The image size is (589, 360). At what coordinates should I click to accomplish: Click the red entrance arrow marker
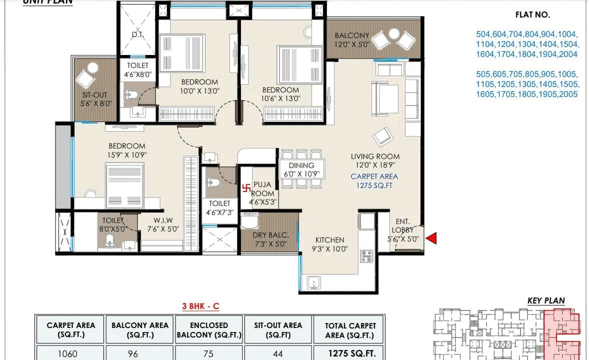coord(431,239)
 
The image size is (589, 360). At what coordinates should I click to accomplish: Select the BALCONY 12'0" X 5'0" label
coord(351,40)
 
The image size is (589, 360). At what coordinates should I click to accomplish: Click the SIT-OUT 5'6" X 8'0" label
coord(94,98)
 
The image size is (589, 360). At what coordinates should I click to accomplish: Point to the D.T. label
coord(137,35)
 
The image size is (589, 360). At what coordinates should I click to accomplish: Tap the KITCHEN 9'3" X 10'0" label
coord(329,244)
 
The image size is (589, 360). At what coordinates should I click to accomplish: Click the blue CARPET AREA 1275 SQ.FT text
coord(374,180)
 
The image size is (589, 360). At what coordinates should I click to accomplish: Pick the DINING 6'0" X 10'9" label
coord(301,169)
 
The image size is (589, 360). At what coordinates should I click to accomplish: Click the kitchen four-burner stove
coord(366,256)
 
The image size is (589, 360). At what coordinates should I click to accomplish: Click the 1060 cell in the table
coord(68,353)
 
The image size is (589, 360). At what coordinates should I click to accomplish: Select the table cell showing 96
coord(132,353)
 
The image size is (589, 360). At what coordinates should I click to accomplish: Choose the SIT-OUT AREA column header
coord(277,330)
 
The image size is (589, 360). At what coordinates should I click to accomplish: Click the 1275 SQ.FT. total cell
coord(348,353)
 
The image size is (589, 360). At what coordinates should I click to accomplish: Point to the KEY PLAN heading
coord(546,300)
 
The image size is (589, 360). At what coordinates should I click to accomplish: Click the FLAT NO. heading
coord(532,15)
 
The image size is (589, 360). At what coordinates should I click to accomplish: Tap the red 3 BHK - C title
coord(200,306)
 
